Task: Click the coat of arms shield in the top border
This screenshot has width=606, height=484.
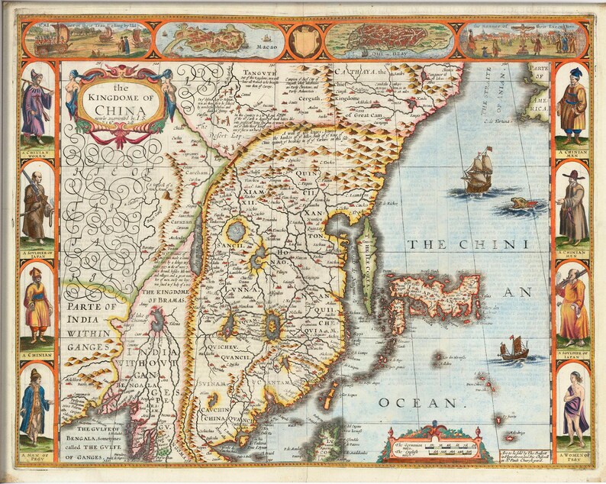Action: pos(305,40)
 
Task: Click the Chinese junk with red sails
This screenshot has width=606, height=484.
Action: pos(514,348)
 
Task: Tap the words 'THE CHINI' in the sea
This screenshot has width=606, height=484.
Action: pos(467,245)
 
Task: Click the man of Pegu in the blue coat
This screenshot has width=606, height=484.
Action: pos(36,405)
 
